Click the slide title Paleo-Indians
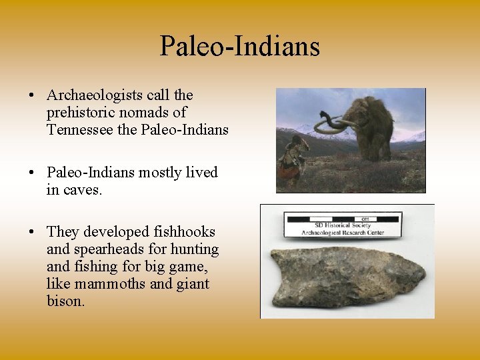point(240,47)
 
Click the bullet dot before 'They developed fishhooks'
point(32,232)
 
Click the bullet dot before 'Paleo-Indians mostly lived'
point(32,173)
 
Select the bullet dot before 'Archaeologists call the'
point(32,95)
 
